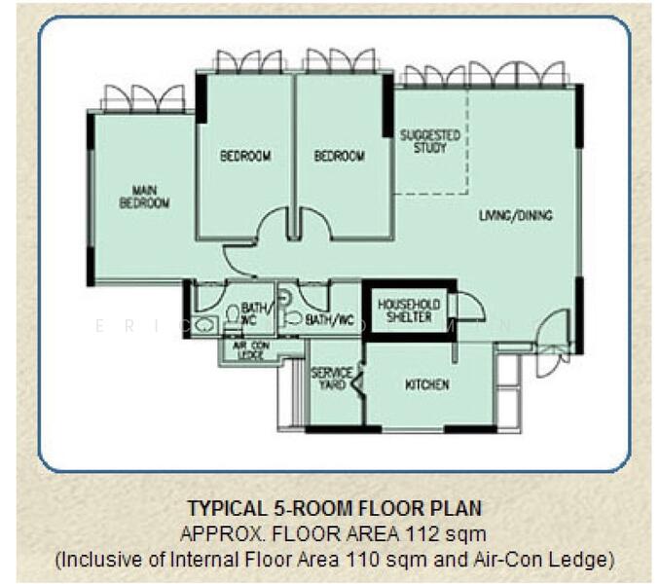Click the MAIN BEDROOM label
click(144, 197)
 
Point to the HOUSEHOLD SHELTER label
click(409, 310)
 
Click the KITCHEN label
click(426, 384)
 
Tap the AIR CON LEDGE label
click(249, 348)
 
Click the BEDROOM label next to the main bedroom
click(244, 156)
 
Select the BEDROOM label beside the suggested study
click(339, 156)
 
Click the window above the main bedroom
click(143, 97)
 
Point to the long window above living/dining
click(484, 75)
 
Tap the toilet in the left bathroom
click(233, 314)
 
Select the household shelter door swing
click(468, 306)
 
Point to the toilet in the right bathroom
click(292, 315)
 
